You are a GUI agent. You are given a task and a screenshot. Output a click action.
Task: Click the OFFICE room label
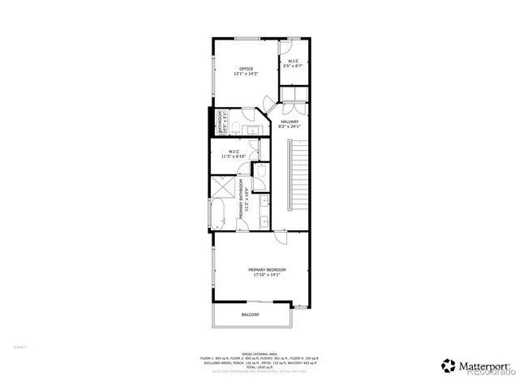[246, 68]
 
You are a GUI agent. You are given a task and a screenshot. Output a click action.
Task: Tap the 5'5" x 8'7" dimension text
[292, 65]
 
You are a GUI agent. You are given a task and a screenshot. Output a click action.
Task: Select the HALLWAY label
[290, 122]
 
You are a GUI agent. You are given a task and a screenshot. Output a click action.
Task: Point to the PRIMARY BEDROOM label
[267, 270]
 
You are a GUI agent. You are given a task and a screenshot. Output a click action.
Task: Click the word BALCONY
[251, 314]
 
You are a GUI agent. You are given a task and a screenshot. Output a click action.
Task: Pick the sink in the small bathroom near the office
[251, 130]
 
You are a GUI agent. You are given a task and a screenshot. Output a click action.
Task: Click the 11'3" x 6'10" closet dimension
[234, 156]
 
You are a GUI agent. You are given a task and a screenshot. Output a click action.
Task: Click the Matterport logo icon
[448, 365]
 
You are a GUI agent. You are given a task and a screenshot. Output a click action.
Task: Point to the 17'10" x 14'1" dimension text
[267, 276]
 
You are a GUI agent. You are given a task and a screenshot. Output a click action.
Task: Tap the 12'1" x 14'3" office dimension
[246, 74]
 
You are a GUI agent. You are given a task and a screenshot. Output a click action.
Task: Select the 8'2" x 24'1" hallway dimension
[290, 127]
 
